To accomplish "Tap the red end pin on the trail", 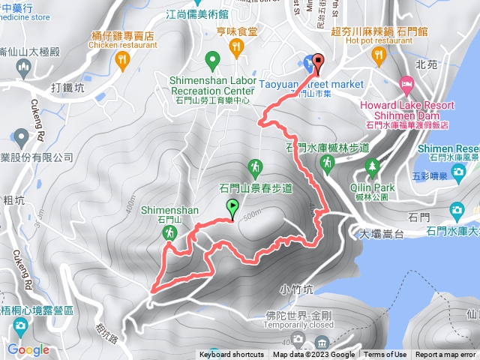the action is [316, 63].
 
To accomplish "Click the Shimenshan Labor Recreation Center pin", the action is [211, 58].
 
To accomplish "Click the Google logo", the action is [28, 349].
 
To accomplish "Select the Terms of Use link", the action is [385, 355].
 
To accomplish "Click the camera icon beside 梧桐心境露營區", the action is [19, 325].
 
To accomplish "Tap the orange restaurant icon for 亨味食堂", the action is [237, 47].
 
